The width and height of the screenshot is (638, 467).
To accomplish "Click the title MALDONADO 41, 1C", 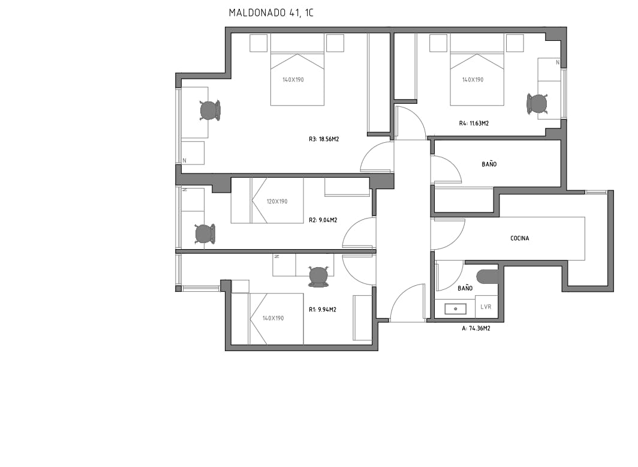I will (271, 12).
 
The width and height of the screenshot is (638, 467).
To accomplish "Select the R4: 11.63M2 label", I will (474, 124).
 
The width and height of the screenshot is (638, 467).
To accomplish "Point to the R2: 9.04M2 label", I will (323, 220).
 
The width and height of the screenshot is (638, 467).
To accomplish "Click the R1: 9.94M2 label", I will (322, 310).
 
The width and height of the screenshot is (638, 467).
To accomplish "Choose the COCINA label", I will (519, 238).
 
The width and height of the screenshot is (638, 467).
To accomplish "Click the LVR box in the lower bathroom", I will (486, 307).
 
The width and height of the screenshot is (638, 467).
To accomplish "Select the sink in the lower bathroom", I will (455, 309).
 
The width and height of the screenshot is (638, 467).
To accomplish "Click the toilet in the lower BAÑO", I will (487, 276).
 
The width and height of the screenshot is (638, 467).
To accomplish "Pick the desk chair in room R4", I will (537, 104).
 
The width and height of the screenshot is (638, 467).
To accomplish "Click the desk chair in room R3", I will (209, 110).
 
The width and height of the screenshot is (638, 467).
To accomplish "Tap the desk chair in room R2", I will (204, 233).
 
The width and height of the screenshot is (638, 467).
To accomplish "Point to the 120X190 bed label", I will (276, 202).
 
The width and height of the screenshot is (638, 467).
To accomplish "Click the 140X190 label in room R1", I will (273, 318).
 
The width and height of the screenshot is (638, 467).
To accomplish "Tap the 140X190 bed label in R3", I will (293, 79).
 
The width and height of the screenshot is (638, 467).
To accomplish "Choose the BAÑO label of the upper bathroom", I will (489, 164).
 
